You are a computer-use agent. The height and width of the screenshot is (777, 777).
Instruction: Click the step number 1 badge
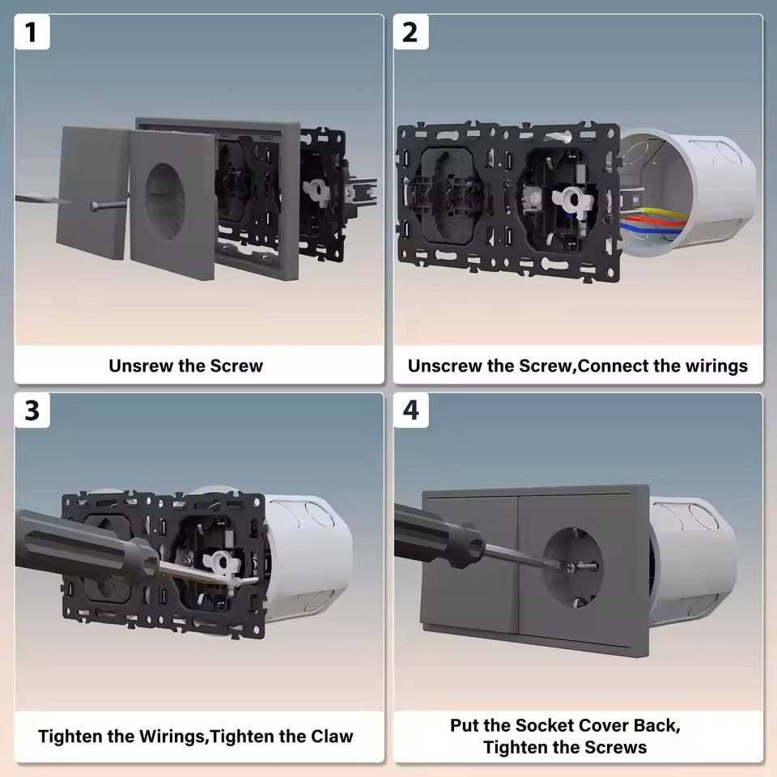[32, 32]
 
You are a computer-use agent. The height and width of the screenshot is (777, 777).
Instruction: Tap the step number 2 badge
[410, 32]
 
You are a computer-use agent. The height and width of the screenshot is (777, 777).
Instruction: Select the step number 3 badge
[32, 410]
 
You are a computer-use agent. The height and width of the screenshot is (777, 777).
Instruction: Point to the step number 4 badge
[410, 410]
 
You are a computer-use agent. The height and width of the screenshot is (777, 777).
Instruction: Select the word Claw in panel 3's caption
[332, 737]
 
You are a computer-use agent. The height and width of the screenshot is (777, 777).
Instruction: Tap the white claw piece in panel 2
[573, 200]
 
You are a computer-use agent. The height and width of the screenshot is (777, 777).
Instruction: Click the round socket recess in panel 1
[165, 202]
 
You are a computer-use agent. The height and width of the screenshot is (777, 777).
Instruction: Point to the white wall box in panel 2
[689, 194]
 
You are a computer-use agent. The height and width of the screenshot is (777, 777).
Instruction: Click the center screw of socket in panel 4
[571, 567]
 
